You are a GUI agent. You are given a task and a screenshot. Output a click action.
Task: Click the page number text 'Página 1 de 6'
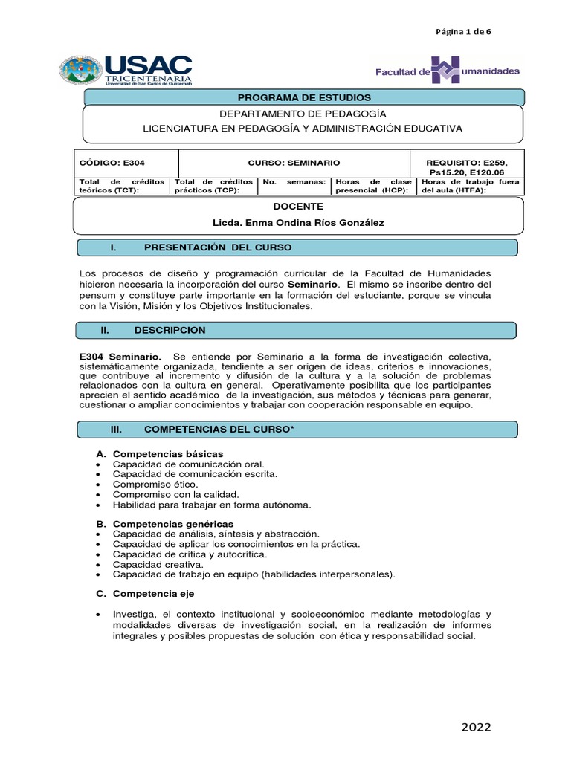click(x=463, y=31)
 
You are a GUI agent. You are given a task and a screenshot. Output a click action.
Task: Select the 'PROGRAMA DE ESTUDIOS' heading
click(x=303, y=97)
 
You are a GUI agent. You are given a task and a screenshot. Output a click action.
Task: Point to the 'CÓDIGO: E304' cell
click(x=106, y=162)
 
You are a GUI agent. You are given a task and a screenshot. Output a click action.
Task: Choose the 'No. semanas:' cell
click(x=294, y=182)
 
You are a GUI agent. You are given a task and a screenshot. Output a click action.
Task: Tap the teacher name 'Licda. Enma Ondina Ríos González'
click(x=298, y=224)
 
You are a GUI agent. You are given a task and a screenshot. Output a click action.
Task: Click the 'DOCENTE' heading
click(x=298, y=206)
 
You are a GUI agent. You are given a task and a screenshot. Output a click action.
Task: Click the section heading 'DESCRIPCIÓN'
click(x=170, y=330)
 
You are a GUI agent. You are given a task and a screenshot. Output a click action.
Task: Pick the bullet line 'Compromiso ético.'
click(x=155, y=484)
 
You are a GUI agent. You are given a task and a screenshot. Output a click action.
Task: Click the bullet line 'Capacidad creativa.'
click(x=158, y=564)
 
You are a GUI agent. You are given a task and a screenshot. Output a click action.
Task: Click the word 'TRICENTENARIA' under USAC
click(x=149, y=77)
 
